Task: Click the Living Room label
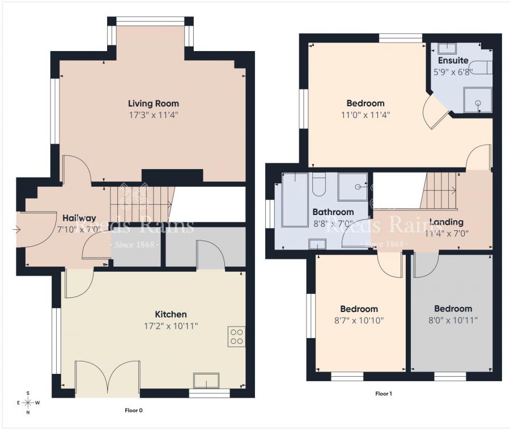(x=153, y=103)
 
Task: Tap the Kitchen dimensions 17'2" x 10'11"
(x=171, y=326)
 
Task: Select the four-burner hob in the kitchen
(x=236, y=337)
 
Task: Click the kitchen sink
(x=206, y=380)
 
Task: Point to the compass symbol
(x=28, y=403)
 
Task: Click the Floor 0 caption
(x=133, y=410)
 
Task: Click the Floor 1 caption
(x=384, y=393)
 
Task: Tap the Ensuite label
(x=453, y=60)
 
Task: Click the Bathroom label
(x=333, y=212)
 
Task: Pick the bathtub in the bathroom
(x=294, y=199)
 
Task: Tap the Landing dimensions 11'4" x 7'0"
(x=447, y=233)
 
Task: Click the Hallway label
(x=79, y=218)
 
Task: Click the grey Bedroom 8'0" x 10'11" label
(x=453, y=309)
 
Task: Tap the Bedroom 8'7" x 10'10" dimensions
(x=359, y=321)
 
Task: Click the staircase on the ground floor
(x=141, y=203)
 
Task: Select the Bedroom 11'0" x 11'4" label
(x=365, y=103)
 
